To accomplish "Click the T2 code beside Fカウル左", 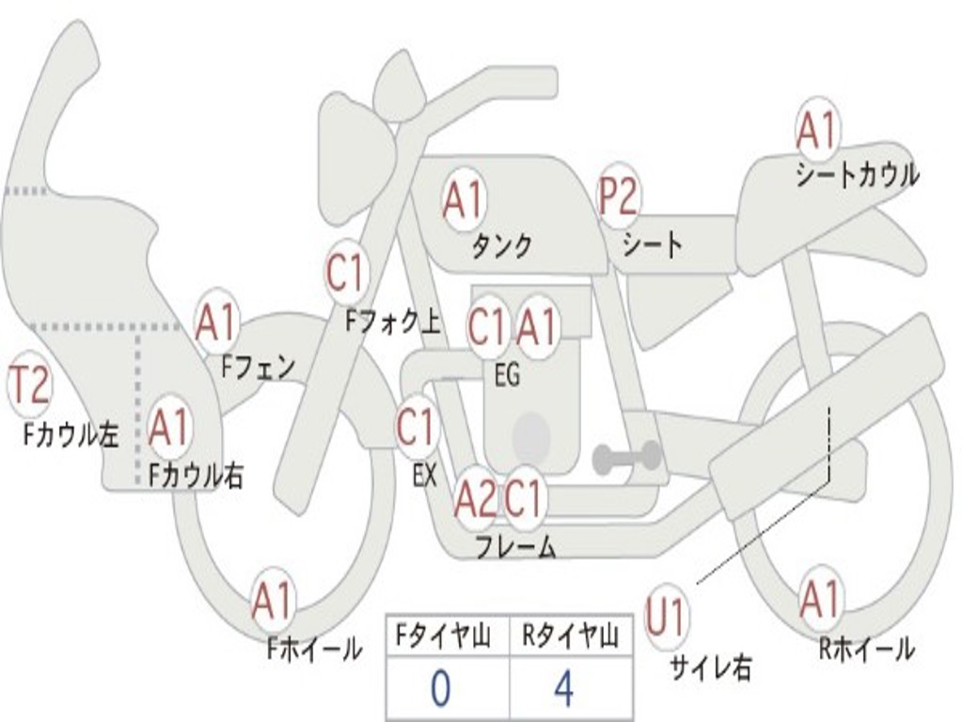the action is (x=29, y=386).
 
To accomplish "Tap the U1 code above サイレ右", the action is (x=667, y=618).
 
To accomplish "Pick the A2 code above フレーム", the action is (x=475, y=499).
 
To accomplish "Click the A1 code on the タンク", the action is (x=463, y=200).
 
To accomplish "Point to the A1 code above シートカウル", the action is (x=816, y=133).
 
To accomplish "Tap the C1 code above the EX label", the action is (x=415, y=428).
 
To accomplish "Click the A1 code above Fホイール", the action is (x=272, y=602).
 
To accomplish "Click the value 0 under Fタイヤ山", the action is (x=440, y=689).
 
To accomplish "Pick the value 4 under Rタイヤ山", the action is (x=563, y=689).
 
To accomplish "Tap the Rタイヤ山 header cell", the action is (x=570, y=637).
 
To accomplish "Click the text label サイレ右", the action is (x=710, y=667).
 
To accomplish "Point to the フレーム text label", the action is (x=514, y=546).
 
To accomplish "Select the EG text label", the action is (x=507, y=376).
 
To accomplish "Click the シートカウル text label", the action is (x=857, y=175).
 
